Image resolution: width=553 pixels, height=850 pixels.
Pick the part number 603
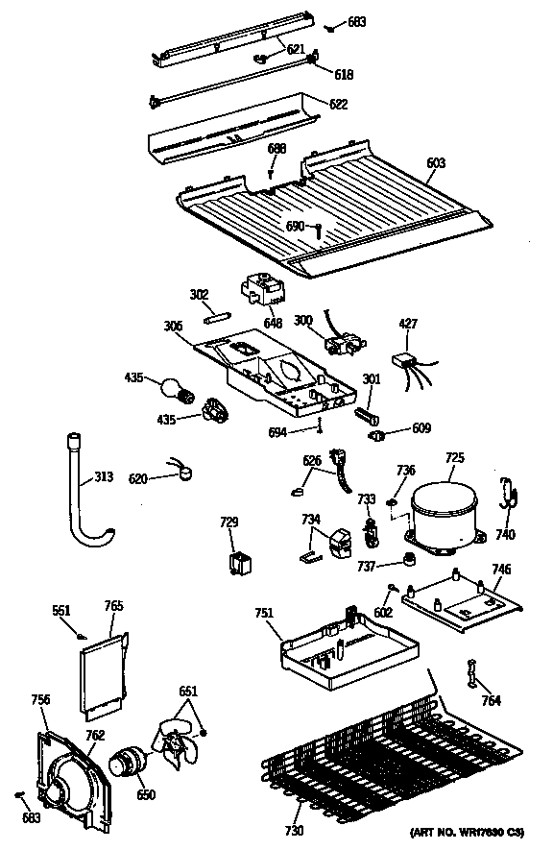pos(436,163)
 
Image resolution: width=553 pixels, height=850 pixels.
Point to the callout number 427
pos(409,325)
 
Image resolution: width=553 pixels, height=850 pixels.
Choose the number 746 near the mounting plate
pos(501,570)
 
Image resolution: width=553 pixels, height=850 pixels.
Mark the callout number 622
pos(337,104)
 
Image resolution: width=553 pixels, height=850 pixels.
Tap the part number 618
pos(343,72)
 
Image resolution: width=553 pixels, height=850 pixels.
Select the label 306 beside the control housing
pos(174,327)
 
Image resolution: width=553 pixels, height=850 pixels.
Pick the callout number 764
pos(491,700)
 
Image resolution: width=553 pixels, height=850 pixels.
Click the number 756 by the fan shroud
pos(40,699)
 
